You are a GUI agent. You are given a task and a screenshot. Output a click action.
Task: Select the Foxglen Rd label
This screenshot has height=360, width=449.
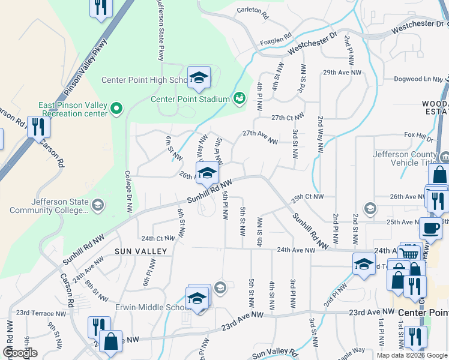tap(275, 43)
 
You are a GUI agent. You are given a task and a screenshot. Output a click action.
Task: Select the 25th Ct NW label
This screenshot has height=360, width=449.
tap(308, 197)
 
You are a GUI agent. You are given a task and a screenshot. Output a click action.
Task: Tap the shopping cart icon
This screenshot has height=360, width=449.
tap(411, 254)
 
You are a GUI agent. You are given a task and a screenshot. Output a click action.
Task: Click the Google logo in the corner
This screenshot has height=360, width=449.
tap(20, 353)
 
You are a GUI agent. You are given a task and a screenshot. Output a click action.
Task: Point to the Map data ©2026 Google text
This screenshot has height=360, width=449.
tap(412, 355)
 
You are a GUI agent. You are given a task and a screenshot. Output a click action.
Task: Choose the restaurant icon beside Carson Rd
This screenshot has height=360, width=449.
tap(38, 127)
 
